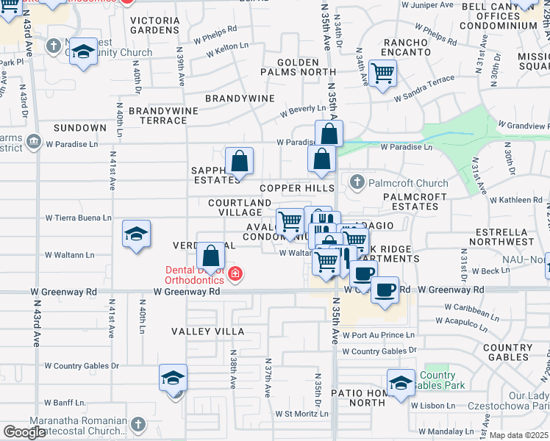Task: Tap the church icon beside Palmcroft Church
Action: (357, 182)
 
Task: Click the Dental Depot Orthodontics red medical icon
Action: (235, 275)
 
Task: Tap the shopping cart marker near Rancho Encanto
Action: (382, 73)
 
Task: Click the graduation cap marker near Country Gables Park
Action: (401, 383)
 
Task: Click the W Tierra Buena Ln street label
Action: (78, 218)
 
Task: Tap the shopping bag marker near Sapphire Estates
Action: (239, 160)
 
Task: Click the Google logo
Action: (24, 432)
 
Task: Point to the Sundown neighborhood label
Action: (80, 128)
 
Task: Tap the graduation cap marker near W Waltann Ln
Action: (136, 234)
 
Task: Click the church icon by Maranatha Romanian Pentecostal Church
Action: (137, 424)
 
